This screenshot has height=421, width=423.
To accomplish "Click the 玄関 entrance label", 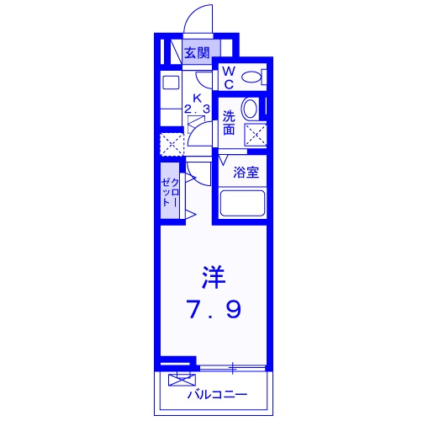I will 197,52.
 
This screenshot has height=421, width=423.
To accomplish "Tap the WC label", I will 228,77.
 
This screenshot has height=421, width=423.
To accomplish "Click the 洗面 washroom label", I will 229,123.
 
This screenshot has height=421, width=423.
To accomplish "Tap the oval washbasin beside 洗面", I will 250,109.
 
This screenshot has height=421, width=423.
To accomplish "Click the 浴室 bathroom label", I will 246,172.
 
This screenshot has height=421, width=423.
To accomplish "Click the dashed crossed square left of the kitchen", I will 172,142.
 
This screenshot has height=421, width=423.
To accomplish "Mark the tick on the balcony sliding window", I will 232,367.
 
